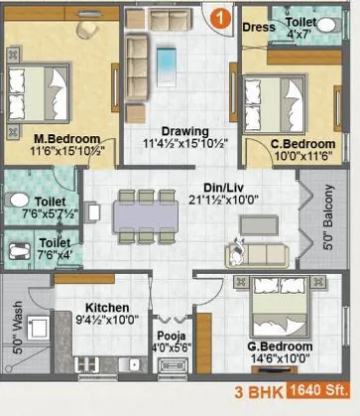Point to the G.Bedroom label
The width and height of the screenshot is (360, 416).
(x=280, y=347)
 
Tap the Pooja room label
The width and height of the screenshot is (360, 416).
(x=167, y=322)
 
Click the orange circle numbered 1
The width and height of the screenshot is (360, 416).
(x=221, y=15)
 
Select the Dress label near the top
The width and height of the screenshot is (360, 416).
(x=258, y=28)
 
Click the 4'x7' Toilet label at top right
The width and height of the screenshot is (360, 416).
(x=301, y=28)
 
